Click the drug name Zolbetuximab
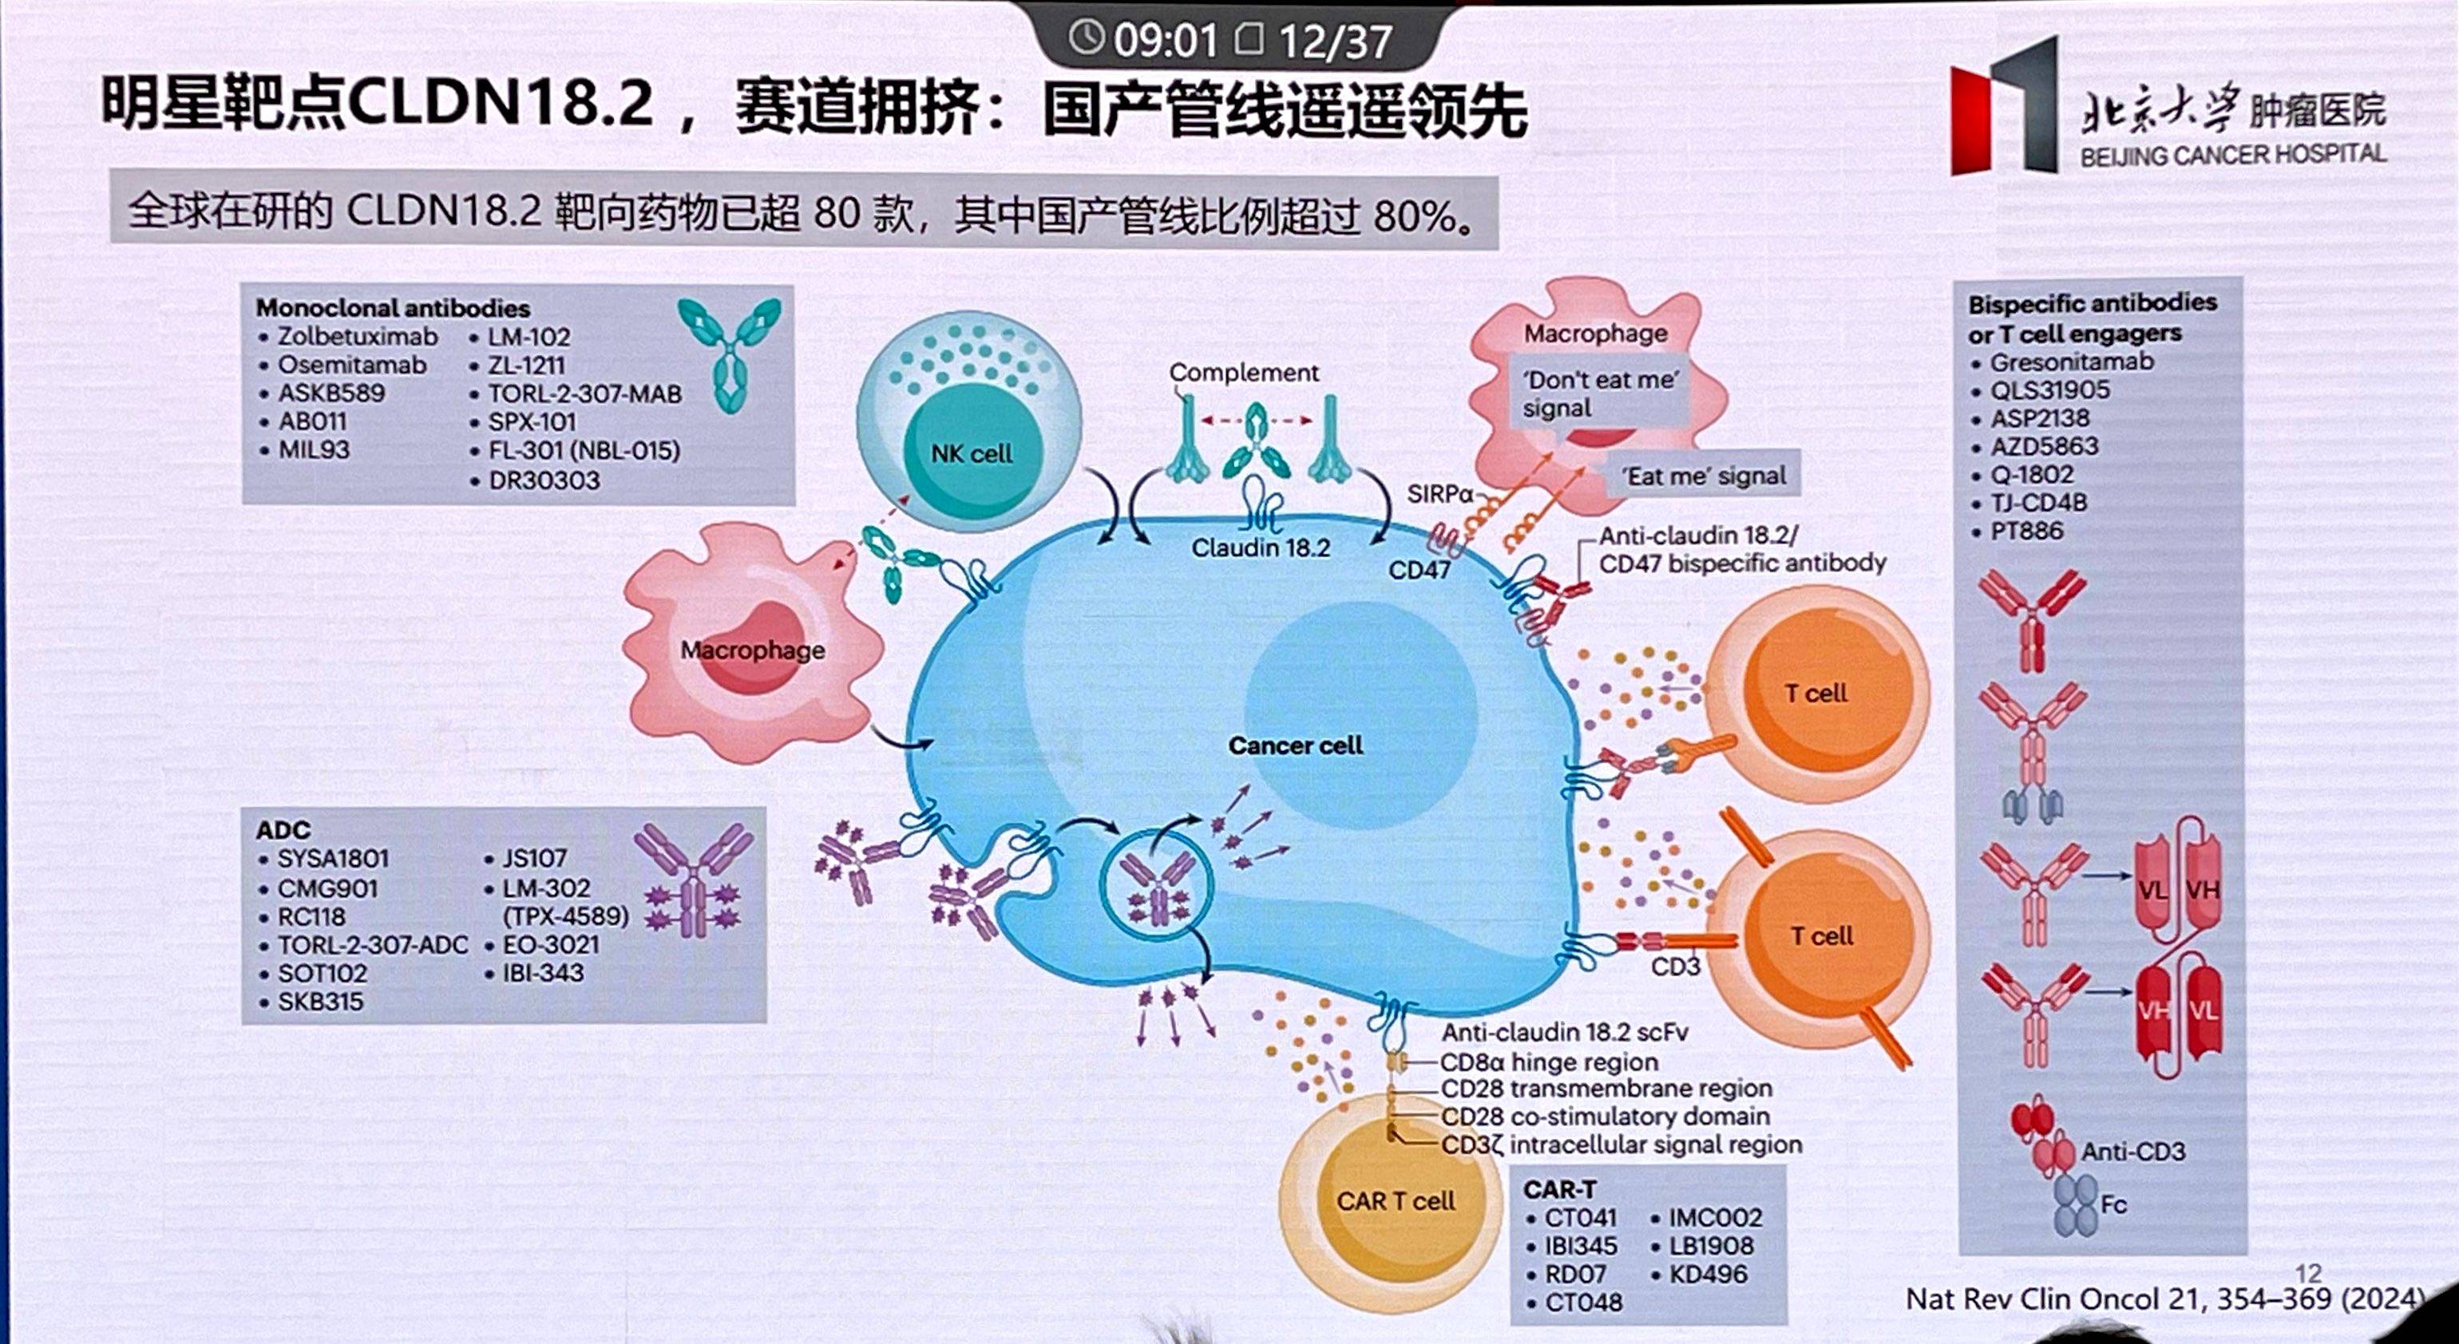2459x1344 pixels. (358, 337)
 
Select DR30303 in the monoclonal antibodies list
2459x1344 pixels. (544, 480)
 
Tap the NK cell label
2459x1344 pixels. (971, 453)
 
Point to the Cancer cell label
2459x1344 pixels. (1294, 745)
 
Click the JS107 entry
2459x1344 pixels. (536, 859)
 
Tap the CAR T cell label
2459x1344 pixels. (1396, 1201)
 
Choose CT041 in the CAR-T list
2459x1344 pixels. (1581, 1218)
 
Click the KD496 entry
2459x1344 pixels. (1708, 1275)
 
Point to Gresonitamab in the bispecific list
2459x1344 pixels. (2072, 362)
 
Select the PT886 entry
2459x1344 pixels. (2026, 531)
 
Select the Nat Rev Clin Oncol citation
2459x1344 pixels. (2165, 1299)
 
